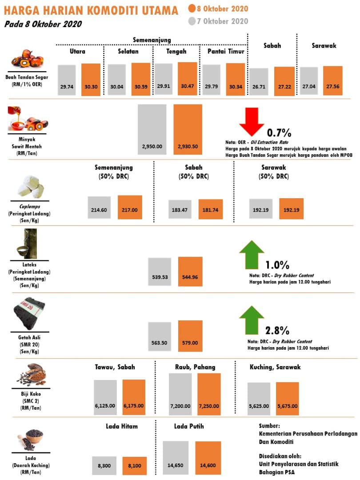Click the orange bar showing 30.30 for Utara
(x=91, y=80)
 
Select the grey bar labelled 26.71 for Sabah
(x=259, y=82)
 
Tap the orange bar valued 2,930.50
(x=188, y=129)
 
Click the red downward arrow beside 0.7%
(x=252, y=121)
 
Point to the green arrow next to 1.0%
(x=252, y=255)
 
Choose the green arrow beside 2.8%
(x=252, y=320)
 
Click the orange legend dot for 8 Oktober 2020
(x=192, y=8)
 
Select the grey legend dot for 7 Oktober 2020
(x=192, y=21)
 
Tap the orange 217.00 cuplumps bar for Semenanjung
(x=130, y=207)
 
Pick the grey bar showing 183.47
(x=180, y=209)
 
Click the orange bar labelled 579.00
(x=190, y=336)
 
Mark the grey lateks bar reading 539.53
(x=160, y=272)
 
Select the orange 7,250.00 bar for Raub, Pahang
(x=209, y=394)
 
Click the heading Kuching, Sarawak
(x=275, y=367)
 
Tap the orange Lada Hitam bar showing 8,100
(x=134, y=466)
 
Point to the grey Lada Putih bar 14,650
(x=176, y=458)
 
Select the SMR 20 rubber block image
(x=29, y=313)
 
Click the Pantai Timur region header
(x=226, y=52)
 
